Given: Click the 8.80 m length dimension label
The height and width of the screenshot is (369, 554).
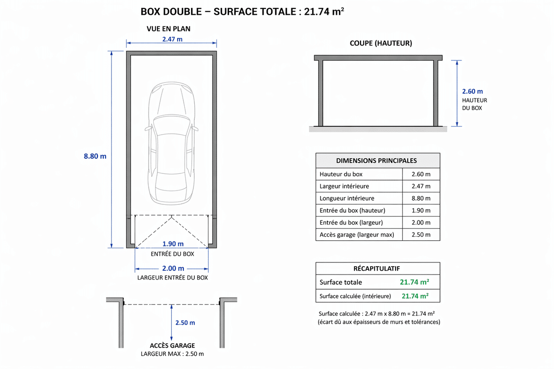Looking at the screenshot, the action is (95, 156).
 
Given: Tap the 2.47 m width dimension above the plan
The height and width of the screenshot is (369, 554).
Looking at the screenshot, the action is (172, 39).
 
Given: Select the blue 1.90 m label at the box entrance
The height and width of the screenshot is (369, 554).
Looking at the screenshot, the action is (173, 244).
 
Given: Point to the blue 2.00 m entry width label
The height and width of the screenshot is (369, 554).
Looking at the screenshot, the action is (173, 268).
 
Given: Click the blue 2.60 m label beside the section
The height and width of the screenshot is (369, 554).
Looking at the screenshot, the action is (472, 91).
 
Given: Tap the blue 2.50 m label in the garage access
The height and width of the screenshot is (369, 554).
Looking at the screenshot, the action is (185, 323).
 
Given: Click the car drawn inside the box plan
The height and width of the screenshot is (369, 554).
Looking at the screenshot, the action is (171, 143).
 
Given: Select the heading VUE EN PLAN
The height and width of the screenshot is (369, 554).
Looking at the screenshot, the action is (169, 29).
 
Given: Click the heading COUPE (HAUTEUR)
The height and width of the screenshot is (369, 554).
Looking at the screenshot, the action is (381, 43).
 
